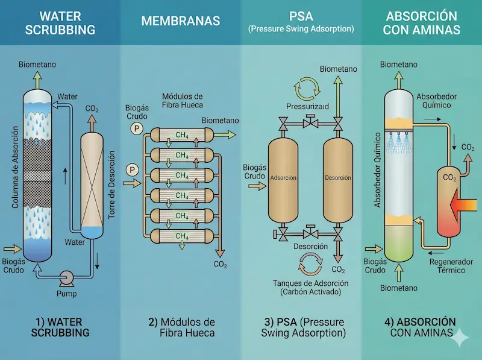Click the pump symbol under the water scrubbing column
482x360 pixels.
click(x=67, y=279)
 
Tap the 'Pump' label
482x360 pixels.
click(x=67, y=294)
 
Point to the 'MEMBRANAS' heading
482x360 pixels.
click(x=181, y=21)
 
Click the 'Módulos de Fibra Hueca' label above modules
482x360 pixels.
click(x=183, y=101)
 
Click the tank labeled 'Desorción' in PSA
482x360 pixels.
click(x=337, y=178)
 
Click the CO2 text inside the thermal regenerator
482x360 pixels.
click(x=449, y=178)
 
